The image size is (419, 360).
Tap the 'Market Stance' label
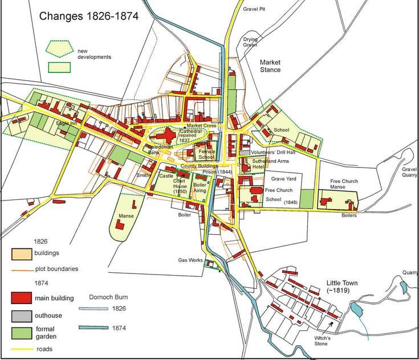coord(270,66)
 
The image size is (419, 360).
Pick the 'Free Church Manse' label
coord(344,185)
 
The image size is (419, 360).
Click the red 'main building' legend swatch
coord(22,297)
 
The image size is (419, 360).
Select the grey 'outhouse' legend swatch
coord(22,314)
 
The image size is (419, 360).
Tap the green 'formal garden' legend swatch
coord(22,331)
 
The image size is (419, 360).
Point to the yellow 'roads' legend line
coord(22,348)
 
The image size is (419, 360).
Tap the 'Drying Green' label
coord(251,42)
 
